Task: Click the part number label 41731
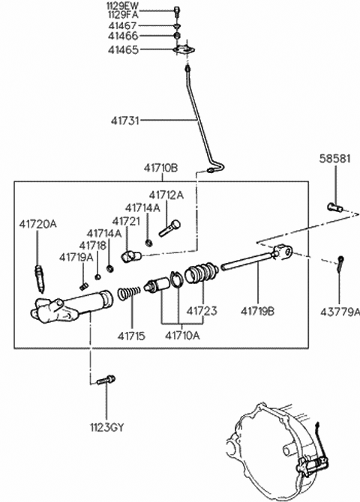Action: coord(125,121)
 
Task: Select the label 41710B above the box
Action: coord(160,168)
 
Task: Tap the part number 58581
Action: coord(335,159)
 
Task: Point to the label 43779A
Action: coord(340,312)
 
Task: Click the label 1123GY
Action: coord(106,427)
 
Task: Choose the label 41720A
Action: coord(37,224)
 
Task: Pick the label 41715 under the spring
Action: coord(131,336)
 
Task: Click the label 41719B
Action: coord(257,311)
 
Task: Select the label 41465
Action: coord(124,50)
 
